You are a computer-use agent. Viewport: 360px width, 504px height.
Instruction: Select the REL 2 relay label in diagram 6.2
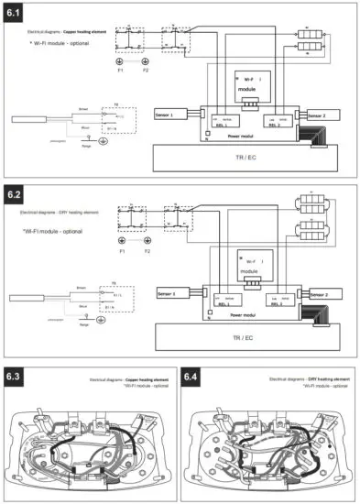click(274, 303)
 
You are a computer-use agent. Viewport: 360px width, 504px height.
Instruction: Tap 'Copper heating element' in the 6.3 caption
click(143, 378)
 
